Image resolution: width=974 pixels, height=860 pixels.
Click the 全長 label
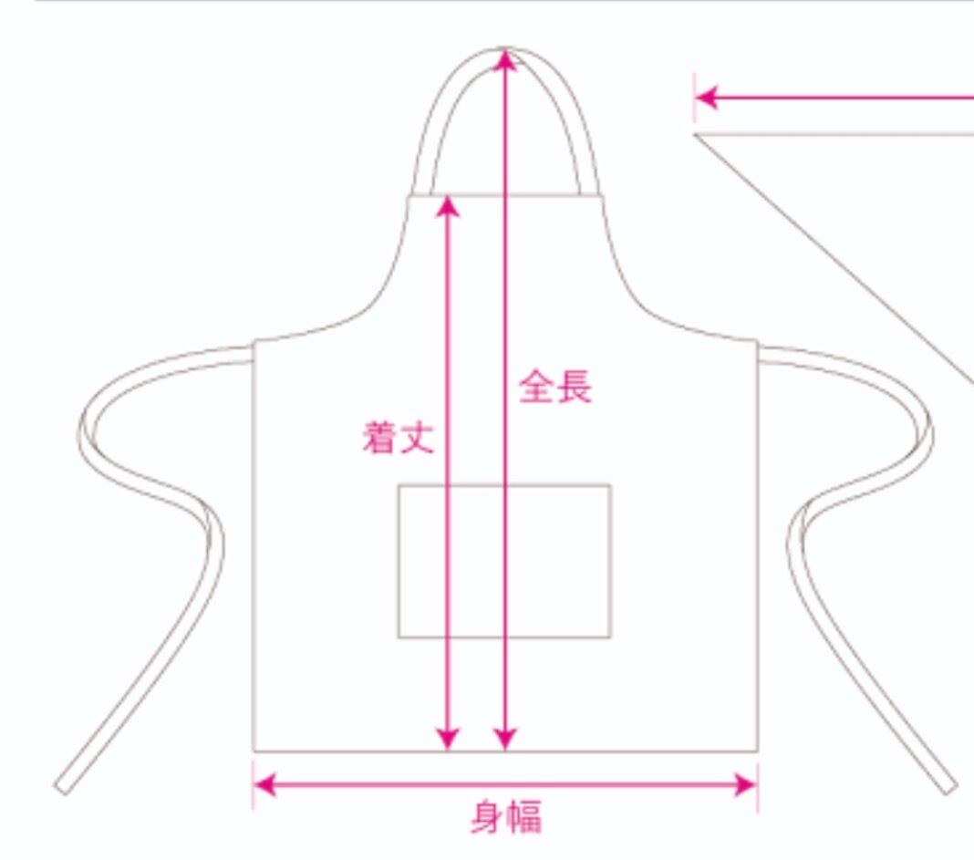[x=555, y=387]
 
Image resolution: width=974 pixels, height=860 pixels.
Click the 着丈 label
[x=398, y=437]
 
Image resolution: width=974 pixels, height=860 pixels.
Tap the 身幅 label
[x=505, y=817]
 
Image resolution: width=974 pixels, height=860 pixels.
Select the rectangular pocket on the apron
[x=504, y=561]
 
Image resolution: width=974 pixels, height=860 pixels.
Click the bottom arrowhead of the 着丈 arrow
[x=447, y=739]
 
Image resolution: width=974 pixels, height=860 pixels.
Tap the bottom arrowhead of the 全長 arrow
[x=504, y=739]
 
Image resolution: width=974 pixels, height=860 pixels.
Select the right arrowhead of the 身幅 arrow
[x=745, y=784]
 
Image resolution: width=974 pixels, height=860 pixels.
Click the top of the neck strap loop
[x=504, y=48]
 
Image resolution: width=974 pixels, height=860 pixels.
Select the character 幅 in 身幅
[x=523, y=817]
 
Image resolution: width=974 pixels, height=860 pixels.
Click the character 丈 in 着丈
[x=416, y=437]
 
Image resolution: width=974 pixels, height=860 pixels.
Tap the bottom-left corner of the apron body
[x=254, y=751]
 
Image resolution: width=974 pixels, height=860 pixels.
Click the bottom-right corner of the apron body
[x=757, y=751]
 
